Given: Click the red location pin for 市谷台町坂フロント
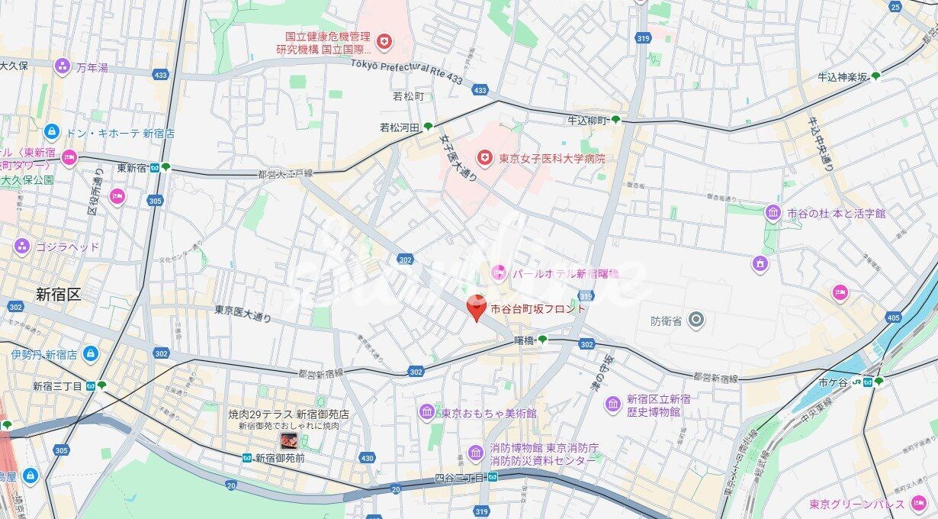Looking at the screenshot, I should coord(477,307).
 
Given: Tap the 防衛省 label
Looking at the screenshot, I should coord(666,321).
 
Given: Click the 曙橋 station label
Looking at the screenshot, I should coord(524,340).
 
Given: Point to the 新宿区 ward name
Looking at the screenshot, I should coord(58,295).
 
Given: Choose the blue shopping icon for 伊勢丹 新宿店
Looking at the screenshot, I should coord(91,354).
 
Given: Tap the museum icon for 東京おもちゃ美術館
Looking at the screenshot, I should coord(427,412).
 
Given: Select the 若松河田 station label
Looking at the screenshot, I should coord(400,127).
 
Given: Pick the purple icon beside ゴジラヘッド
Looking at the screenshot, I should coord(21,247).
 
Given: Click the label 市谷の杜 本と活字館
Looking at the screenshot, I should coord(837,214).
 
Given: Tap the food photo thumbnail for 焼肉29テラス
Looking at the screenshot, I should coord(289,440).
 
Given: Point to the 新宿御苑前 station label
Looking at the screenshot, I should coord(280,458).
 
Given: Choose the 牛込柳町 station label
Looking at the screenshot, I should coord(587,121).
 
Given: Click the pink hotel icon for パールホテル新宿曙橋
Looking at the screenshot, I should coord(499,272).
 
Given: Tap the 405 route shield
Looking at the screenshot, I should coord(893,317).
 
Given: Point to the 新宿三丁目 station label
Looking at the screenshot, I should coord(57,386).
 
